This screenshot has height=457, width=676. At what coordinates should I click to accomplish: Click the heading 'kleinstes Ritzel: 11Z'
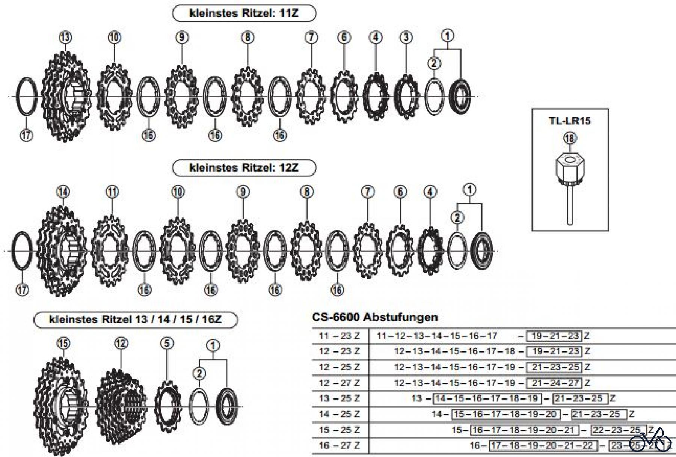(x=244, y=14)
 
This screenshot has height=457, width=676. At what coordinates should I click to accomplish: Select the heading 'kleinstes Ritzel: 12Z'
(x=244, y=168)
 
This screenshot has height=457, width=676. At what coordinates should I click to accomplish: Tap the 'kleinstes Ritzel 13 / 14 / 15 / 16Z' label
(x=136, y=320)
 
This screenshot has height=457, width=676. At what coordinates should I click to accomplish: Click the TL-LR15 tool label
(x=570, y=121)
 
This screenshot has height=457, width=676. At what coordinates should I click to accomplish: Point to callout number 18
(x=570, y=138)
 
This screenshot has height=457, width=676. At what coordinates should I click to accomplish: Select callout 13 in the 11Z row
(x=65, y=37)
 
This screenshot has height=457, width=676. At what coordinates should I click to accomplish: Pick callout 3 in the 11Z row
(x=406, y=37)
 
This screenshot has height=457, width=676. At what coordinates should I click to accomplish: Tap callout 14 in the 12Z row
(x=63, y=192)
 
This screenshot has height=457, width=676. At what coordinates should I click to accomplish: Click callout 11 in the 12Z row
(x=112, y=192)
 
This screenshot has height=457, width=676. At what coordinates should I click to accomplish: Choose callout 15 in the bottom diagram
(x=63, y=343)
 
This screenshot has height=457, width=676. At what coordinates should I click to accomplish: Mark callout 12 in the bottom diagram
(x=121, y=343)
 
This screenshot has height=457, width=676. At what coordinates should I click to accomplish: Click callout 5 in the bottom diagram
(x=167, y=343)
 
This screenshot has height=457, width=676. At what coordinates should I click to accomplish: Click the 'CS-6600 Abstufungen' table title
(x=375, y=317)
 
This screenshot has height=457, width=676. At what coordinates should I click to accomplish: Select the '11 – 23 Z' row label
(x=340, y=336)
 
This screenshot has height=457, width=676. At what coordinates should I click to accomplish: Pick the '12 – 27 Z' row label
(x=340, y=383)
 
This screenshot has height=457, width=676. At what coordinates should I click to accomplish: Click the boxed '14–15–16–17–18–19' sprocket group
(x=487, y=398)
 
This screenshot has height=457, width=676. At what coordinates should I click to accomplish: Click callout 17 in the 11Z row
(x=26, y=135)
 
